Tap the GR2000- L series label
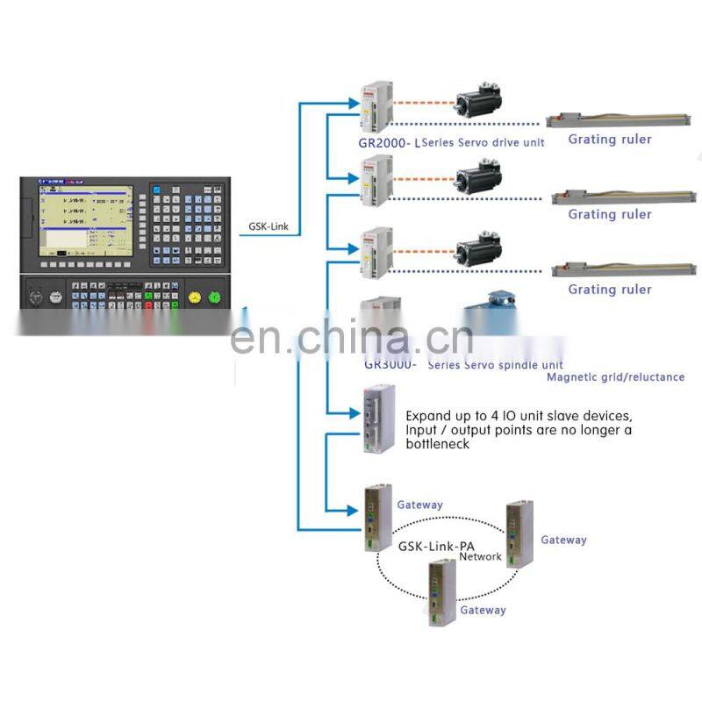point(390,141)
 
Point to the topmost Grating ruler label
point(610,139)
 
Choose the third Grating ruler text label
point(610,290)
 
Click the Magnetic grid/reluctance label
point(615,377)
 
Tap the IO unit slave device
point(376,419)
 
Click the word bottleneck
point(437,444)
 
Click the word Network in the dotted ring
point(480,556)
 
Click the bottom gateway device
point(441,591)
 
